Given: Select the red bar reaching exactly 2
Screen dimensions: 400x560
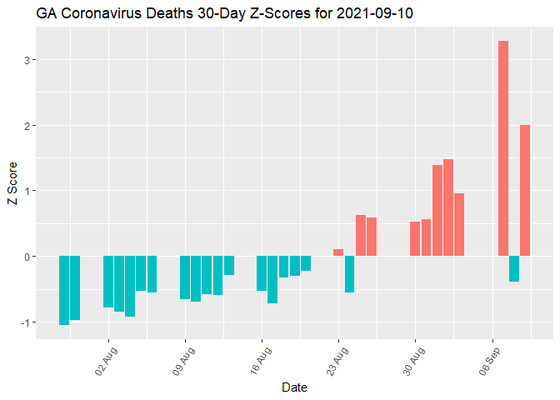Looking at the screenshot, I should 525,191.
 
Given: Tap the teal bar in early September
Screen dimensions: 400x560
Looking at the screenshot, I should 514,269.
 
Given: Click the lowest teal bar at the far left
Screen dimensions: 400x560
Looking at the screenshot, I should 64,290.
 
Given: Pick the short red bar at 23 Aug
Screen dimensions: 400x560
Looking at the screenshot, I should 338,252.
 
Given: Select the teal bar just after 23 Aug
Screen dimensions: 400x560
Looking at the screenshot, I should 349,274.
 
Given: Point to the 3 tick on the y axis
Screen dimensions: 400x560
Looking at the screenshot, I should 28,60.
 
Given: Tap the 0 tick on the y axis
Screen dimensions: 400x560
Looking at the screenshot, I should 28,257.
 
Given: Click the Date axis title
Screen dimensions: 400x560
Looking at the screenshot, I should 293,387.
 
